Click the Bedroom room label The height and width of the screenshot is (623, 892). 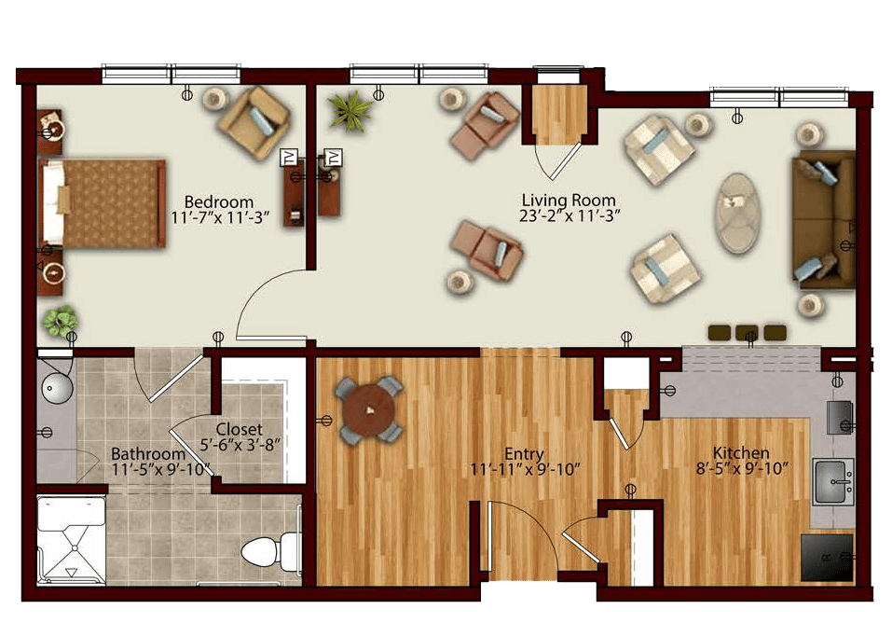click(x=219, y=202)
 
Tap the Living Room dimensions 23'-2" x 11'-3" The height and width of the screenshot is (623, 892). click(x=569, y=215)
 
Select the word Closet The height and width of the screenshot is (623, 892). click(x=240, y=429)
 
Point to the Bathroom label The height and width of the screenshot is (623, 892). click(x=148, y=454)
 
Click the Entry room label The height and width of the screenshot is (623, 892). click(x=525, y=454)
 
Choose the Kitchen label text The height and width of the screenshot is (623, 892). click(x=741, y=452)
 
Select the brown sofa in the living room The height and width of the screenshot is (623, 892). click(x=824, y=220)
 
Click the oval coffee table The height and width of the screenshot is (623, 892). click(x=737, y=214)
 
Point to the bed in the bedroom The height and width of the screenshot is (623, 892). click(x=102, y=203)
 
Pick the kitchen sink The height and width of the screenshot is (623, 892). click(x=833, y=481)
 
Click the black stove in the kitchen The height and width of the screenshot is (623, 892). click(x=827, y=558)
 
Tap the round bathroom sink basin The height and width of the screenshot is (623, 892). click(x=56, y=388)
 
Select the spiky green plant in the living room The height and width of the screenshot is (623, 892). click(x=349, y=110)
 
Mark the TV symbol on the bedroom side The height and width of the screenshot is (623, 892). click(x=289, y=158)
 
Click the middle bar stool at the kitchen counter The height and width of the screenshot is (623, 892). click(x=747, y=333)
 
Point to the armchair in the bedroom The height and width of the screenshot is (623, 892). click(x=254, y=123)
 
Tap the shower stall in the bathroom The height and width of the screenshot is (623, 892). click(x=71, y=540)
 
